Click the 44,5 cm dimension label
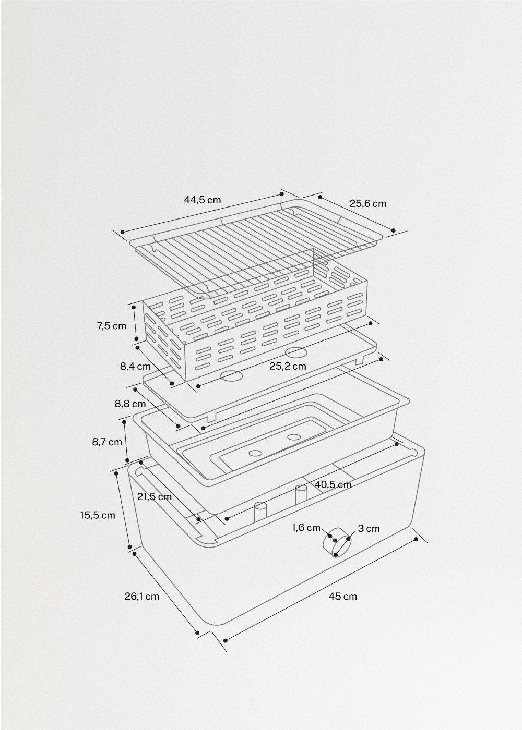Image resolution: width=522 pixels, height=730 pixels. point(202,199)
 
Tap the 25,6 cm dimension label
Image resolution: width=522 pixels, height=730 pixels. point(367,203)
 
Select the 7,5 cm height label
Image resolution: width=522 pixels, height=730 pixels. point(111,326)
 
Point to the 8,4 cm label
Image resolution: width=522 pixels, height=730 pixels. point(135,366)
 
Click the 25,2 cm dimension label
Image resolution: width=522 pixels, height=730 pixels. point(288,366)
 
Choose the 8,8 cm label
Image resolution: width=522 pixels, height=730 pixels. point(130,403)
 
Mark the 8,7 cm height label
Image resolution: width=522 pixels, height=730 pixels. point(107,442)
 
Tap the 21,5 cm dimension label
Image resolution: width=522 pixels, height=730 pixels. point(154,496)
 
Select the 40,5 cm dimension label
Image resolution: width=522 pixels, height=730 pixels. point(333,484)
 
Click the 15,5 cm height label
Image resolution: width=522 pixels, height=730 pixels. point(97,515)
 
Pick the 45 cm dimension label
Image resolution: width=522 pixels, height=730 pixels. point(343,596)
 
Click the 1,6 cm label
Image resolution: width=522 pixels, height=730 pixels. point(306,527)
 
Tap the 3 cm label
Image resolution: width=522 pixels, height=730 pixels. point(369,529)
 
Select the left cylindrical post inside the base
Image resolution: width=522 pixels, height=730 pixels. point(260,512)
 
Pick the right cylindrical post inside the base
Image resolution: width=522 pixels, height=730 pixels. point(301,495)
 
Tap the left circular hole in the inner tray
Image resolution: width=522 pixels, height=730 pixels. point(255,453)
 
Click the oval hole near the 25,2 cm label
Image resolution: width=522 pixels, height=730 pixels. point(295,352)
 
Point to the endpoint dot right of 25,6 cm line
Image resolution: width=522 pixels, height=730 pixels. point(394,230)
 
